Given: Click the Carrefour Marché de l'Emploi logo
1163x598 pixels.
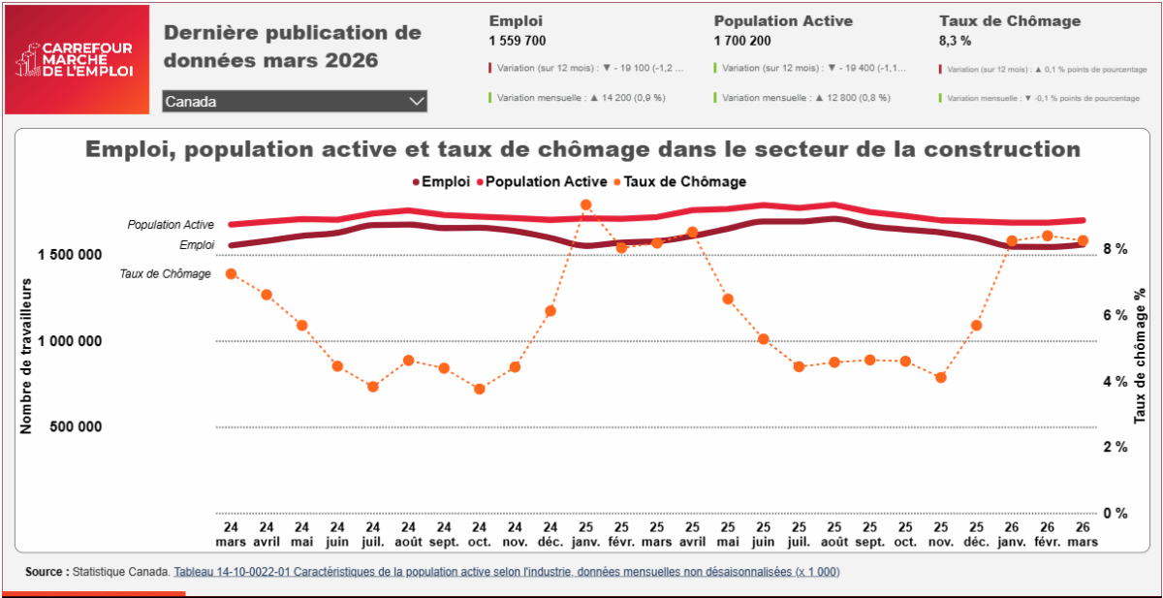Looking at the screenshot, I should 76,60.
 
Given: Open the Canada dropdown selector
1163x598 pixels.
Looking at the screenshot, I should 295,101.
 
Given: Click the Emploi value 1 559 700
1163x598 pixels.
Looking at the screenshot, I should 518,41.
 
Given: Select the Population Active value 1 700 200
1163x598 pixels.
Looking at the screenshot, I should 743,41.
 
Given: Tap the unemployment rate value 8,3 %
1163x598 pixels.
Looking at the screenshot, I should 955,41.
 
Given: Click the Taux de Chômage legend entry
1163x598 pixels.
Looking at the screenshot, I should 678,181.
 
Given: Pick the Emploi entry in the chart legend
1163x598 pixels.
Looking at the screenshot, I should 443,181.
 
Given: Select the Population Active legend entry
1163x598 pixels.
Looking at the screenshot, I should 541,181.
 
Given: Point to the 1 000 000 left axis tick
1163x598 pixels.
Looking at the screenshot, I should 70,341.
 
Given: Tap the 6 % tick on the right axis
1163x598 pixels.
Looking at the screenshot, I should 1116,315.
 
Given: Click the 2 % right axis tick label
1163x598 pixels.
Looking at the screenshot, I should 1116,447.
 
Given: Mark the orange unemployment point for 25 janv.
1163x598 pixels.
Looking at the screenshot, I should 586,205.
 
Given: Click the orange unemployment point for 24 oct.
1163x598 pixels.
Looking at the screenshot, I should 479,389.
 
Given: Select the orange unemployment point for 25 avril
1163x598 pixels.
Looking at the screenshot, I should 692,233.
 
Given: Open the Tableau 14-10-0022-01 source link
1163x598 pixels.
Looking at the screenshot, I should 506,572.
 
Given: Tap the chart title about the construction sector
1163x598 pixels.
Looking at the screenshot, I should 582,149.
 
